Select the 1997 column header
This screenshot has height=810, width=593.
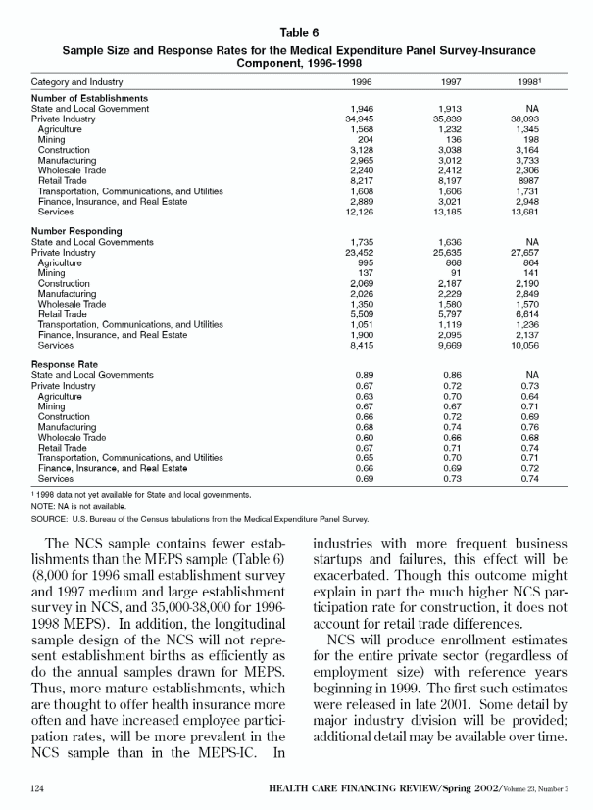coord(450,82)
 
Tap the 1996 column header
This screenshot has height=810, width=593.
coord(361,82)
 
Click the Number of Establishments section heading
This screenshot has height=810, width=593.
coord(89,99)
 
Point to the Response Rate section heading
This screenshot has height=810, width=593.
coord(67,364)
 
